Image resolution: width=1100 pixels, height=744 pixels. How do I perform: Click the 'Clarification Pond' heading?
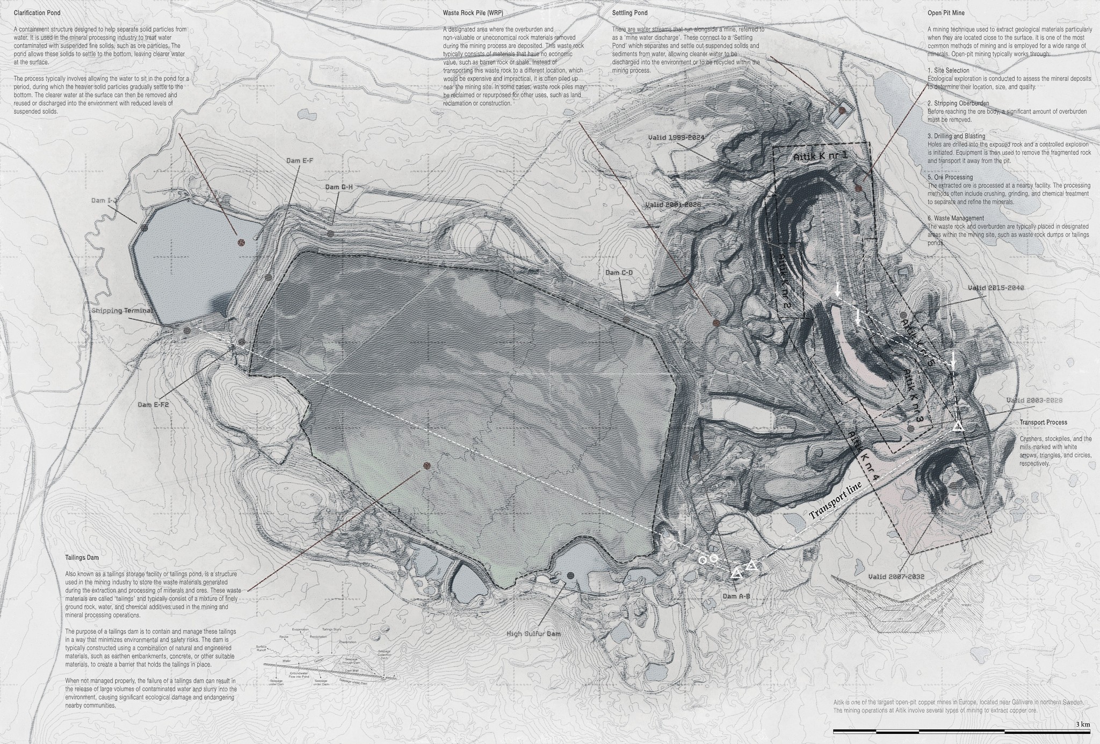[37, 12]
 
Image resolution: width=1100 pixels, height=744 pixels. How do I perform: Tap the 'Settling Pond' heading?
[629, 12]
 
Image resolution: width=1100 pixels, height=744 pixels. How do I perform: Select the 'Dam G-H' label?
[339, 187]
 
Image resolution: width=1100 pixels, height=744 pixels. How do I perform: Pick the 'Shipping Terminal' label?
[122, 310]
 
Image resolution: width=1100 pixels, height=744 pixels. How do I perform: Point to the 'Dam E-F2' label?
[153, 405]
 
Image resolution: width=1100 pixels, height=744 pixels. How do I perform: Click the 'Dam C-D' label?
[619, 273]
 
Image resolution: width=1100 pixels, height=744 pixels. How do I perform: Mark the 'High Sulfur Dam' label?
[533, 634]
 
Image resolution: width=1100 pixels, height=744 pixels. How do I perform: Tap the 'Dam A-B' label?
[736, 596]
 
